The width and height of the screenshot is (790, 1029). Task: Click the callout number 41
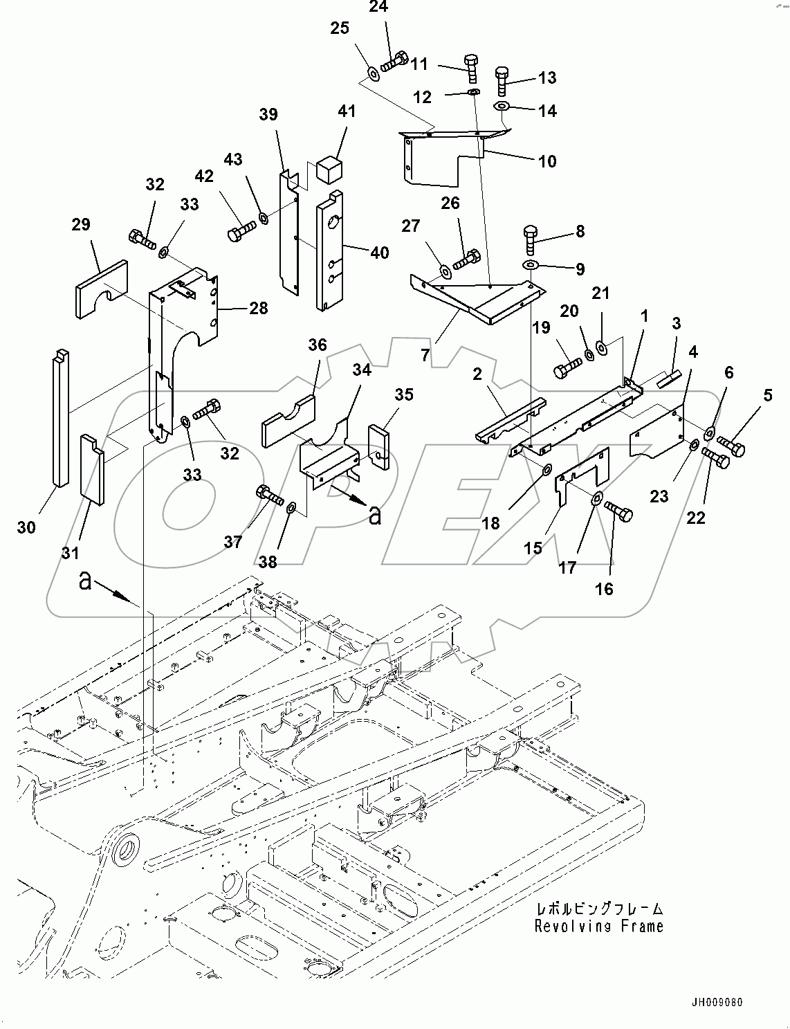coord(347,111)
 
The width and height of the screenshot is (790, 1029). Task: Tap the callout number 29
coord(81,224)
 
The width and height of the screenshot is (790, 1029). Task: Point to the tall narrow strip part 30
coord(60,418)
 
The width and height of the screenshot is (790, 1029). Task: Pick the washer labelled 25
coord(371,73)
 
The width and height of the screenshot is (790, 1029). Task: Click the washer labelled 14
coord(502,107)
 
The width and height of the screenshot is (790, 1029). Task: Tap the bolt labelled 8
coord(531,240)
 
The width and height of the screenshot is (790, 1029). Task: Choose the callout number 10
coord(546,161)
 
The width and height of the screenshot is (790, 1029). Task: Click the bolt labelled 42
coord(241,229)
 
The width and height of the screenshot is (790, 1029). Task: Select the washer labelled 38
coord(291,509)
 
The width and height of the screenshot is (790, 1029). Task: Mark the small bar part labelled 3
coord(668,377)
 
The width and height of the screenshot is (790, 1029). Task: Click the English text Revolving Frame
coord(598,926)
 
